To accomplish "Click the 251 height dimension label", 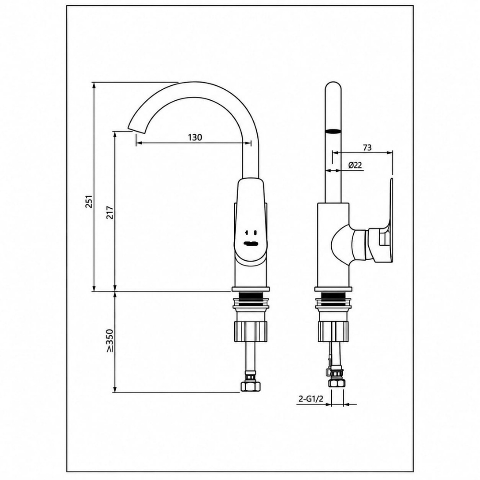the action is [x=89, y=201].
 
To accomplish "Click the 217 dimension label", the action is [x=110, y=213].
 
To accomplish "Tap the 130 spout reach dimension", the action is [x=195, y=137].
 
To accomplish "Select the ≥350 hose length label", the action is [x=110, y=340].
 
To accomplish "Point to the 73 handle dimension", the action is [x=367, y=147].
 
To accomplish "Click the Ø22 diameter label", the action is [x=355, y=165].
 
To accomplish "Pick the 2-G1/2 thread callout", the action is [x=311, y=399].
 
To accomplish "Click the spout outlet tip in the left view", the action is [x=137, y=130].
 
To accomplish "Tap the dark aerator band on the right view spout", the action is [x=333, y=132].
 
